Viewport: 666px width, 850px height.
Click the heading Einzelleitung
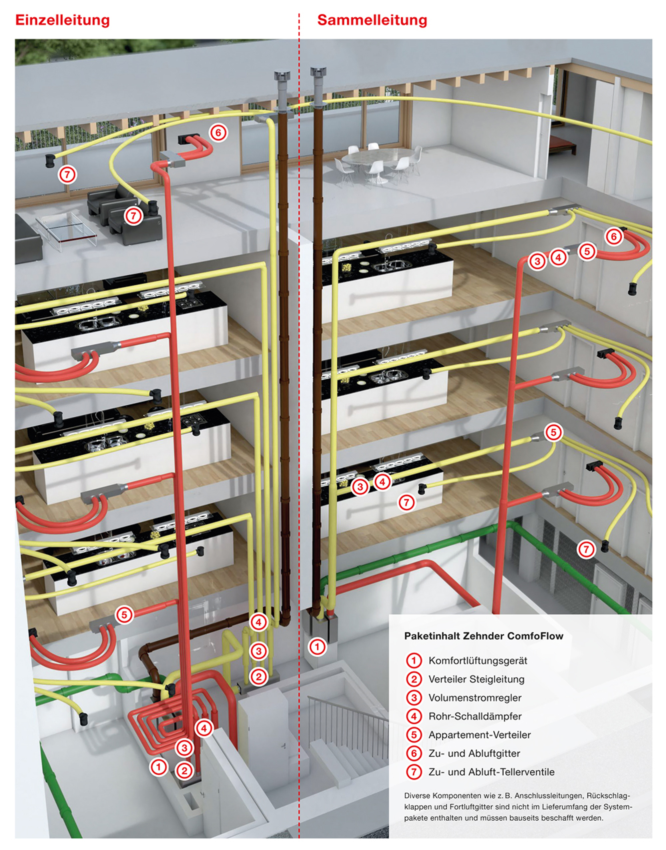[62, 20]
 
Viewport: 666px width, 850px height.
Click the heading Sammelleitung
[372, 20]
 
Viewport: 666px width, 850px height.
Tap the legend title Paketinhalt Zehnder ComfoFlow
[484, 636]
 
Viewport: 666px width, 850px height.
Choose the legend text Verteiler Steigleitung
[476, 679]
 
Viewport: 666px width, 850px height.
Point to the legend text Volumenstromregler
[475, 697]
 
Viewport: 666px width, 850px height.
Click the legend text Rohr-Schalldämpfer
[475, 716]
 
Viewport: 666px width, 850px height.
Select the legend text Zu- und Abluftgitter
[474, 753]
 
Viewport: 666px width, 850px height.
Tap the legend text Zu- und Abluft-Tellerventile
[491, 772]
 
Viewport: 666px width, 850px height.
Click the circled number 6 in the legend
[414, 753]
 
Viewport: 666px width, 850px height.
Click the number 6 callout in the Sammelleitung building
[614, 236]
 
